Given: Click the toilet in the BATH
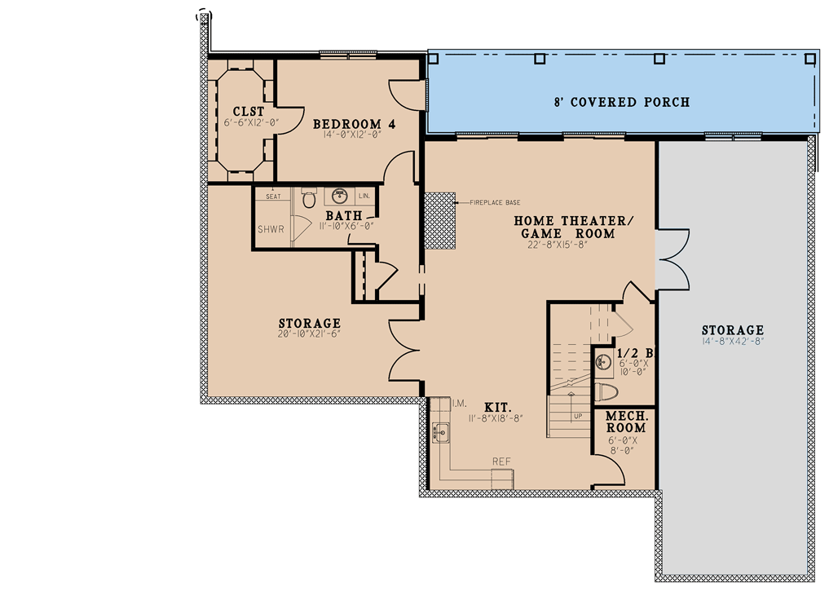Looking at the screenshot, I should (308, 198).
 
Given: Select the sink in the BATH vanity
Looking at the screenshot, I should (341, 197).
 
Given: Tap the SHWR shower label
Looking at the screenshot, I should (271, 229).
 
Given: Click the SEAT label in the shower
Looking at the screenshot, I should (273, 197).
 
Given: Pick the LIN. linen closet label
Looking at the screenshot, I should (364, 197).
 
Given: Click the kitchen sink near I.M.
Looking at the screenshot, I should (440, 431).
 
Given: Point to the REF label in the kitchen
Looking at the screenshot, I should (501, 462).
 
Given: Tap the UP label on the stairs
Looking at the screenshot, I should (578, 416).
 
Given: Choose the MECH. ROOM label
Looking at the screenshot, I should (626, 422).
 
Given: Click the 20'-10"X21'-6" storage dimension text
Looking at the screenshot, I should (309, 335).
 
